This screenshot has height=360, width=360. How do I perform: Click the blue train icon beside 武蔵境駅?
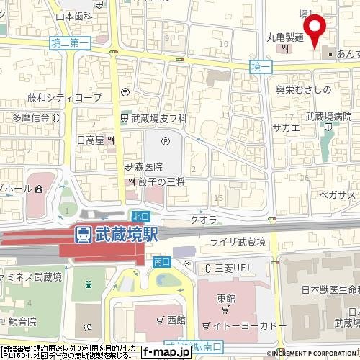click(x=84, y=234)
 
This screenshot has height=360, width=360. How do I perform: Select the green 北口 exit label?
click(x=140, y=215)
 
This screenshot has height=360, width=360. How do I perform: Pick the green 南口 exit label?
click(x=161, y=264)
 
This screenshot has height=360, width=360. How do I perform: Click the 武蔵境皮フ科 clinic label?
click(x=158, y=117)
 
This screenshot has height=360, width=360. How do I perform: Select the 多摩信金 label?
click(x=31, y=117)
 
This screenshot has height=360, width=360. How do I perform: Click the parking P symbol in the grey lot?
click(x=166, y=141)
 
